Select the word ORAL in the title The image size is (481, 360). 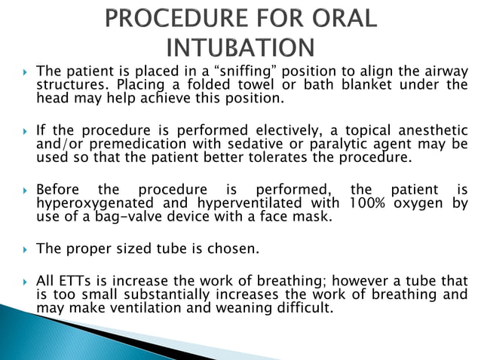pyautogui.click(x=339, y=18)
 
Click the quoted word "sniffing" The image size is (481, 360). pyautogui.click(x=240, y=72)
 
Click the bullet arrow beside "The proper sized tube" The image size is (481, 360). pyautogui.click(x=25, y=249)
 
